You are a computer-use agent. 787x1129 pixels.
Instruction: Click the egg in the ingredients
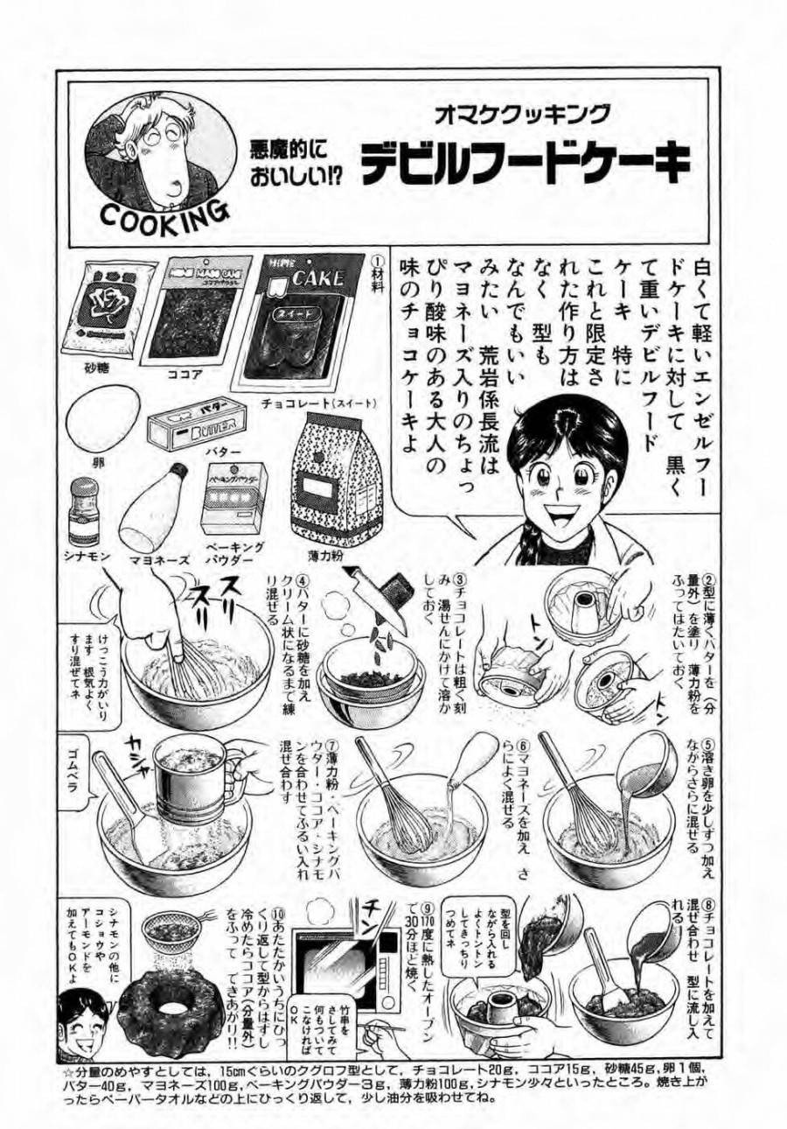[102, 416]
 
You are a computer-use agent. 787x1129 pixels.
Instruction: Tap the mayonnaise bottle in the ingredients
[159, 515]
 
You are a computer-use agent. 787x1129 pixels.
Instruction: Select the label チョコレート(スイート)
[318, 403]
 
